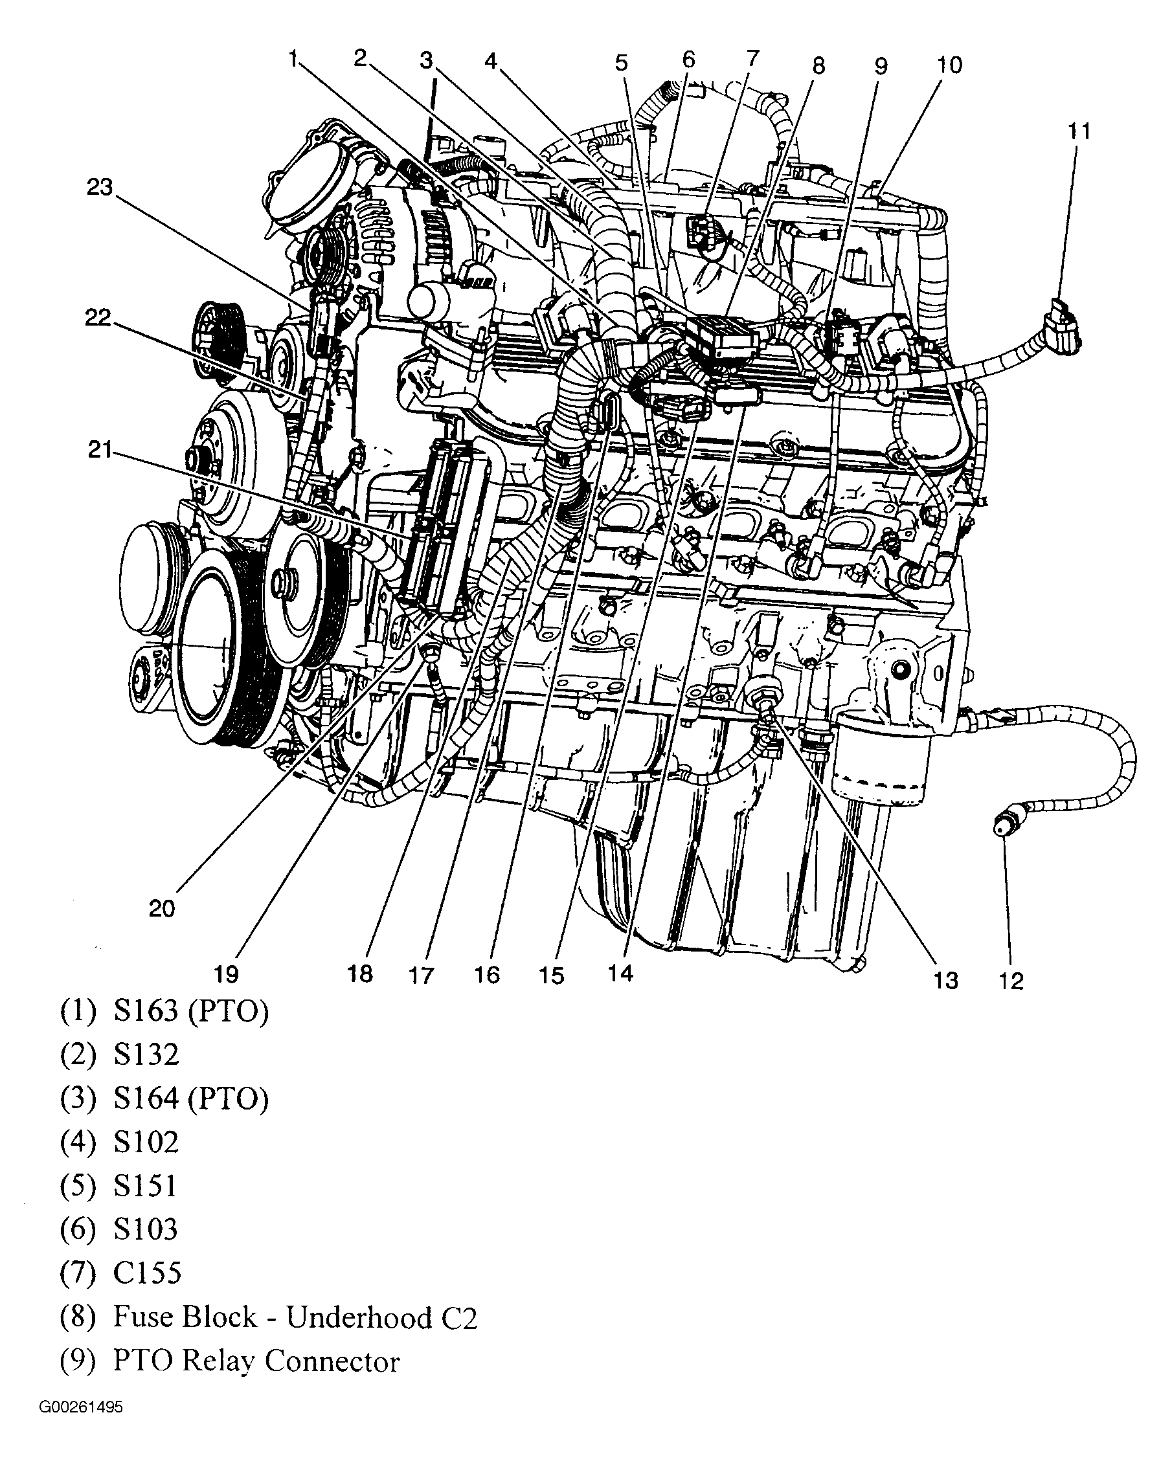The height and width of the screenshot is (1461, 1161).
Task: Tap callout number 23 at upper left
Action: pyautogui.click(x=99, y=187)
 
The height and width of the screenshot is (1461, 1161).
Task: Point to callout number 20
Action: pyautogui.click(x=161, y=909)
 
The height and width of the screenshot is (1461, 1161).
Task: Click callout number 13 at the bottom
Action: pyautogui.click(x=945, y=980)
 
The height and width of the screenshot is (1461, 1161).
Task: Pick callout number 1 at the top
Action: pyautogui.click(x=293, y=60)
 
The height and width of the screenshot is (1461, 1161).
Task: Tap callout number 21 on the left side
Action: pyautogui.click(x=99, y=449)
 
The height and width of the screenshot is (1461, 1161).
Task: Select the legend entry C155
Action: pyautogui.click(x=147, y=1273)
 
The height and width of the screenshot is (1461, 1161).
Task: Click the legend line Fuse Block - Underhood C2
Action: pyautogui.click(x=295, y=1317)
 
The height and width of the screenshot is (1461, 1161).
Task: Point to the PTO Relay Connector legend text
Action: pyautogui.click(x=256, y=1361)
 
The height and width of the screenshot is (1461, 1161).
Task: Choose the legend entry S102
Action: pyautogui.click(x=146, y=1142)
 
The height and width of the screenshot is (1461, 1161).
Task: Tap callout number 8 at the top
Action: pyautogui.click(x=818, y=67)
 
